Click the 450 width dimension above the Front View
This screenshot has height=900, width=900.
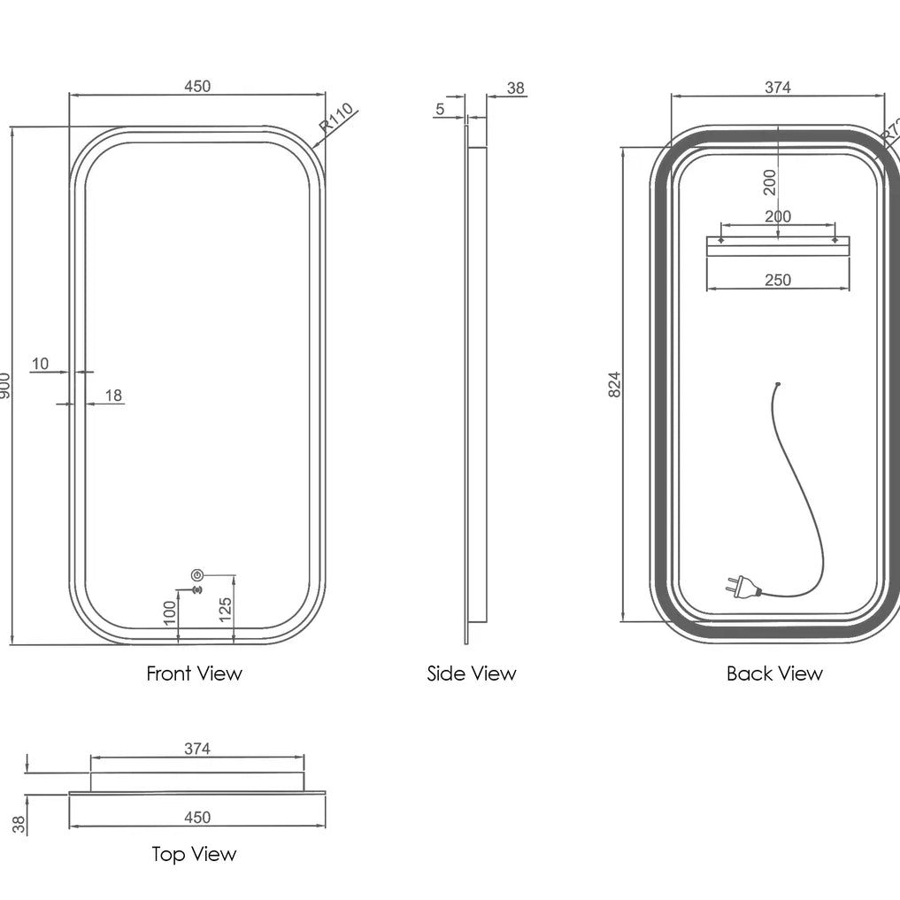[x=197, y=86]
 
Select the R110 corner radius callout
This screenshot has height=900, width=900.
[x=336, y=117]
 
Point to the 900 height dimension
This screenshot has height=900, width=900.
[x=5, y=385]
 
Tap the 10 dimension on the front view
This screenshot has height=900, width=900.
[x=41, y=363]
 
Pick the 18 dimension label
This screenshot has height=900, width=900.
[x=114, y=396]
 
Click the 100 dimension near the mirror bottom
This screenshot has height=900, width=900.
[x=171, y=610]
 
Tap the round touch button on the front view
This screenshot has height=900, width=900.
[x=197, y=573]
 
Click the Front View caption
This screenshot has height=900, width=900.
[x=194, y=673]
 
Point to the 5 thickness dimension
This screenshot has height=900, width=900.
[x=440, y=109]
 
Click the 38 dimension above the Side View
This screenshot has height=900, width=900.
[x=516, y=88]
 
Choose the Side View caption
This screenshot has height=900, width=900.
[x=471, y=673]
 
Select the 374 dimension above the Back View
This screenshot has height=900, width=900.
[x=777, y=87]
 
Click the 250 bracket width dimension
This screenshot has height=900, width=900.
[x=777, y=281]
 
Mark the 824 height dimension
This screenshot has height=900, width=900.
[x=615, y=383]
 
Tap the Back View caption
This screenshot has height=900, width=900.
[x=774, y=673]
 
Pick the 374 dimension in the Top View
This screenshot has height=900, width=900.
[x=197, y=749]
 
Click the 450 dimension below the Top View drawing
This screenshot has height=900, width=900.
[x=197, y=818]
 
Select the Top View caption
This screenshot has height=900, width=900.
[x=194, y=854]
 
